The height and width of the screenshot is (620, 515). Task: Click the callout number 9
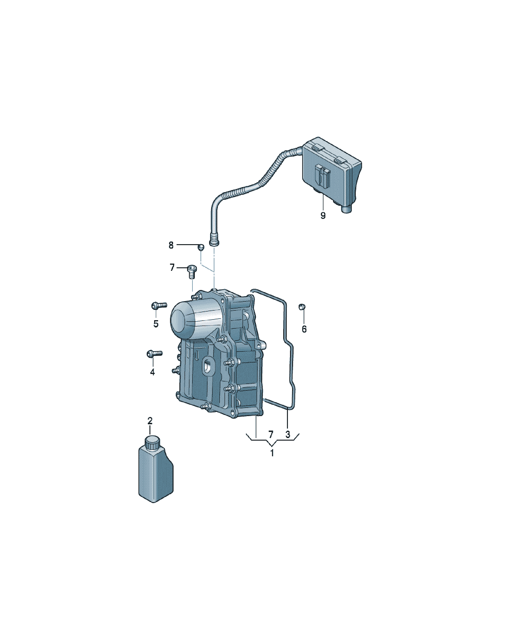point(323,216)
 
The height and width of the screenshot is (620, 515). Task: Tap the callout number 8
point(171,245)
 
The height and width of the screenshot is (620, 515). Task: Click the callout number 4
point(152,372)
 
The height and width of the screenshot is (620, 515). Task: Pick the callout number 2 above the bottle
point(150,421)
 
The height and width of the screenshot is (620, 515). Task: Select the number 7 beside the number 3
point(271,434)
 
